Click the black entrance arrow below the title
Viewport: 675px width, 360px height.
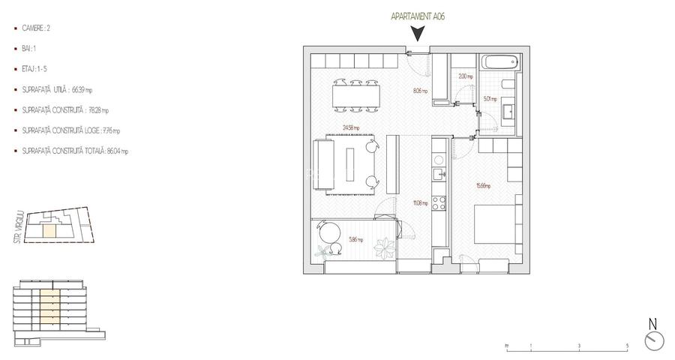click(419, 34)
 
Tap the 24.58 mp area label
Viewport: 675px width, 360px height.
click(349, 127)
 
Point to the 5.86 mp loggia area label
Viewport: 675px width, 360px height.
click(356, 240)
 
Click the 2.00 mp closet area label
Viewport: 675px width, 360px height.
click(464, 76)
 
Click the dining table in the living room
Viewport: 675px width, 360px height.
click(355, 95)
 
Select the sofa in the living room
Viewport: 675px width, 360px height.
click(324, 162)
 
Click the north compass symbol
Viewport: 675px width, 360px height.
click(653, 339)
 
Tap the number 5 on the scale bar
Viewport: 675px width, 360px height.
click(626, 346)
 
